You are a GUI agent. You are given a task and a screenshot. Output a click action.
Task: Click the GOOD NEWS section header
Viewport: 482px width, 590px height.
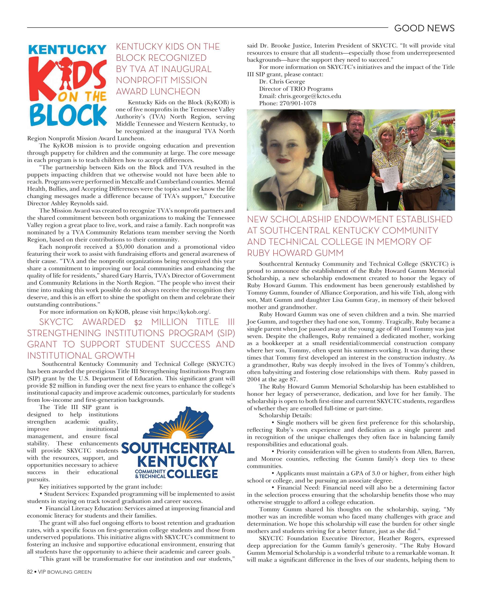(424, 28)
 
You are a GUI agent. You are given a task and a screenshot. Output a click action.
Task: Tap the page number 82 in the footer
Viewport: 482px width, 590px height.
(30, 572)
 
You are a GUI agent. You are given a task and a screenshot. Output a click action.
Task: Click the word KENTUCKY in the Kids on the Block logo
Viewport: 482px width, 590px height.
(67, 50)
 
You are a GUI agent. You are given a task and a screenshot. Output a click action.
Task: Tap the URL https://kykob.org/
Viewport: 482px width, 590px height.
(186, 312)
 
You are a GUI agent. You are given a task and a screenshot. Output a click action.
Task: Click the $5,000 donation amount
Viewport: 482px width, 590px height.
(125, 247)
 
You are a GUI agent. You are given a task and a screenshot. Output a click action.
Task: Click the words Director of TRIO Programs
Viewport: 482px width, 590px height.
(296, 89)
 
